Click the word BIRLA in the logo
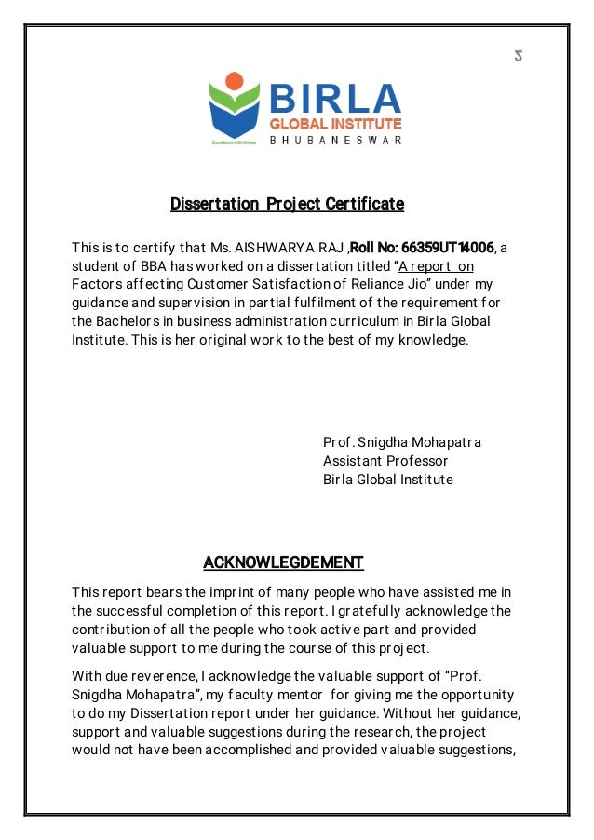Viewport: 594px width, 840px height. coord(335,98)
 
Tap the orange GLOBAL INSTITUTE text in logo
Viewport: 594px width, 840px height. coord(335,124)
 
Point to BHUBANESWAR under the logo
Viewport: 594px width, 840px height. coord(335,141)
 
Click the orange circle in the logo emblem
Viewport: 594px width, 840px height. coord(234,81)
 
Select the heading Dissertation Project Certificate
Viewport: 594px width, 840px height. coord(287,203)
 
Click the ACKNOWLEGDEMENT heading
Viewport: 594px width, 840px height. coord(283,562)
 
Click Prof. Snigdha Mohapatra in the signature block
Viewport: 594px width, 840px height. coord(402,441)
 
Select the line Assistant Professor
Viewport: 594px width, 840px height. coord(385,461)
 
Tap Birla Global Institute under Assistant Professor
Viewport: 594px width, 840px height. coord(388,480)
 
